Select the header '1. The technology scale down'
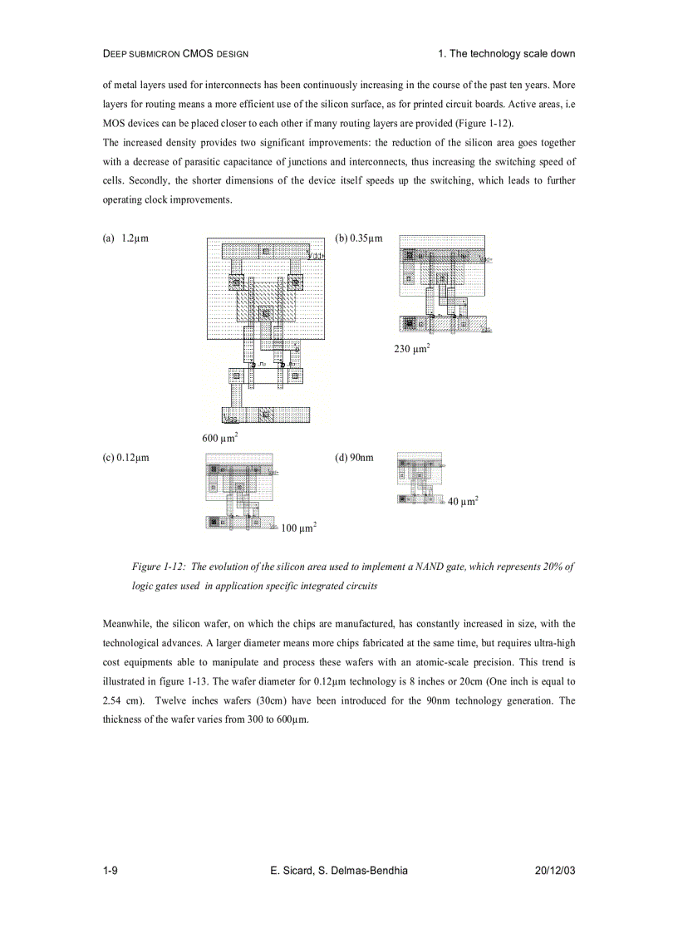[506, 54]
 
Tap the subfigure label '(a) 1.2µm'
[125, 238]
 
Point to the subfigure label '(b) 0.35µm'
[359, 238]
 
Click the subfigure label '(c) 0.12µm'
[125, 457]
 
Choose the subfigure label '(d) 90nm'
[354, 457]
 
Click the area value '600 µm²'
[221, 437]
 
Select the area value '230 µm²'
[411, 349]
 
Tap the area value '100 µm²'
[298, 527]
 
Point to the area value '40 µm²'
[463, 501]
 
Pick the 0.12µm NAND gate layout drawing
[240, 491]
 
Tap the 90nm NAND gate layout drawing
[420, 478]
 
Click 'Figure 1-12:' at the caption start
[160, 566]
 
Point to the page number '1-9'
[110, 870]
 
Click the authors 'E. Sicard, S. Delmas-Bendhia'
[339, 870]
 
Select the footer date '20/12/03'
[556, 870]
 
